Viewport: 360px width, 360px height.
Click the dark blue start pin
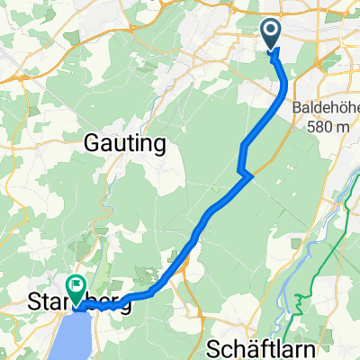(x=271, y=33)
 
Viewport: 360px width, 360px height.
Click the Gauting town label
(x=126, y=142)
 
